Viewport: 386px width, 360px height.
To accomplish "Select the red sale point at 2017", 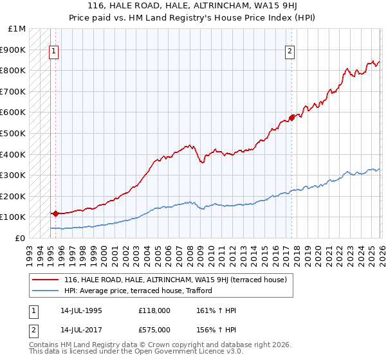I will tap(291, 118).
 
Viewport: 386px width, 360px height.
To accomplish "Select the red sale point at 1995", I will tap(55, 213).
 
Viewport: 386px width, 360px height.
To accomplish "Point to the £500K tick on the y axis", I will tap(13, 133).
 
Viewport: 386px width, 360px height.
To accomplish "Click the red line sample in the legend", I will tap(46, 280).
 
